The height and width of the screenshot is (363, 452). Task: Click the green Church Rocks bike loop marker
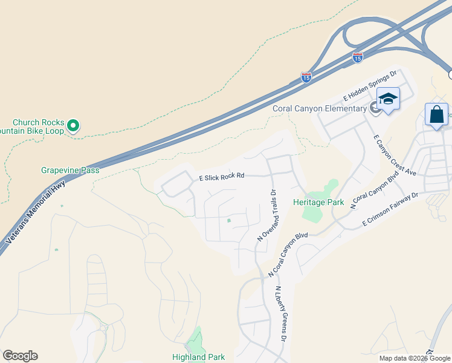tap(73, 125)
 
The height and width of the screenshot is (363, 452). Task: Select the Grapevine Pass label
tap(70, 171)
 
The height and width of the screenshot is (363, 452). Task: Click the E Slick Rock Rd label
tap(221, 177)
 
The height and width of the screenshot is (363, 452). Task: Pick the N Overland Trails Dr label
tap(266, 215)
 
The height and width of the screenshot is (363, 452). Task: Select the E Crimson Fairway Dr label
tap(390, 210)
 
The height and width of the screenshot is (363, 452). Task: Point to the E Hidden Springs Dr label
tap(369, 85)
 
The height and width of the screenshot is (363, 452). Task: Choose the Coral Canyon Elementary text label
tap(320, 108)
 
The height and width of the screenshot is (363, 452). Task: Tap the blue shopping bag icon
tap(436, 114)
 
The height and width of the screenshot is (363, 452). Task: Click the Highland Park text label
tap(199, 357)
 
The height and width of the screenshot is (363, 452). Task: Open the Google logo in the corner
tap(20, 356)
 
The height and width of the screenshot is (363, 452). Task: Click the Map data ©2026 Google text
tap(415, 358)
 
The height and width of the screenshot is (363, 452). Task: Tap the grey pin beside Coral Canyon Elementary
tap(375, 108)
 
